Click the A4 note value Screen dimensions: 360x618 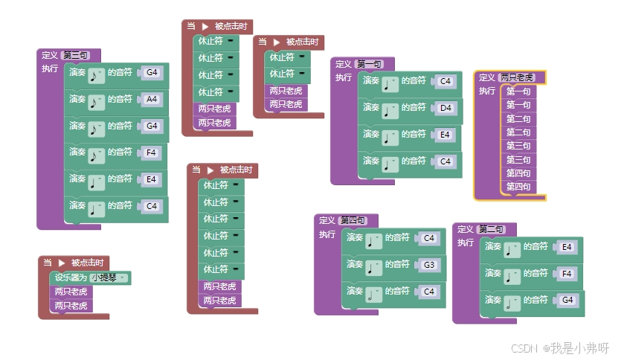152,99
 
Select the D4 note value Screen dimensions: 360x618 445,108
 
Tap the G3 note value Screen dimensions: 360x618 428,265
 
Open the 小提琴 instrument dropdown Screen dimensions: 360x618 109,277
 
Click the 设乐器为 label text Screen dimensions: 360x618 71,277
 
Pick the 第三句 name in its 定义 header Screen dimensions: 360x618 77,55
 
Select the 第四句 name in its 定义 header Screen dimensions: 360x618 353,220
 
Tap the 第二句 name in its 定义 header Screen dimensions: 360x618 492,229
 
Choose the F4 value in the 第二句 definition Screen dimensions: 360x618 566,274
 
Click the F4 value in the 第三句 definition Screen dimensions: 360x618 152,152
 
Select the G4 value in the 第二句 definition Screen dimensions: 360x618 567,300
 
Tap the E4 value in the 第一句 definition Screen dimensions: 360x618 445,135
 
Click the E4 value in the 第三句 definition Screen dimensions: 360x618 152,179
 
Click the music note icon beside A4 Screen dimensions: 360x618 97,101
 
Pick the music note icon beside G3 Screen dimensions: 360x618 374,267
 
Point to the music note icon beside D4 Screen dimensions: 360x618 390,110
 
